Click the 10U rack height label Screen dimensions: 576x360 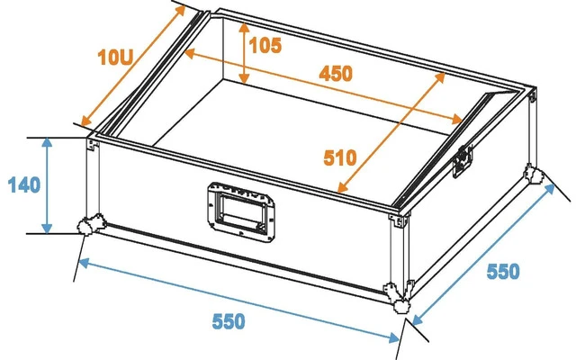[x=115, y=58]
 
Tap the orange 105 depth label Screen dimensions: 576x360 [x=265, y=46]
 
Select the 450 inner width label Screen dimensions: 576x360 [x=336, y=74]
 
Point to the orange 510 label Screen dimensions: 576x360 [x=340, y=157]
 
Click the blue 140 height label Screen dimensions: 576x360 [x=24, y=185]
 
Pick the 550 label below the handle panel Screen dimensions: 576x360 [x=229, y=321]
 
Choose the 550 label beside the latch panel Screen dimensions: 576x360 [x=503, y=272]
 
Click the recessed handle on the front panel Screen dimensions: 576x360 [x=241, y=209]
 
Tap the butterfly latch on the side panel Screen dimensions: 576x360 [x=463, y=160]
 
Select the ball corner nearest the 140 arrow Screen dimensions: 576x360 [x=90, y=223]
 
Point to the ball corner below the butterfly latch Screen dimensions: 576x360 [x=534, y=174]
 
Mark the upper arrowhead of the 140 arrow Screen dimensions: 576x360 [x=47, y=142]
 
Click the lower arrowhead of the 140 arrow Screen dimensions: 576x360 [x=47, y=229]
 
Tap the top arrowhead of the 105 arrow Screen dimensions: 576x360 [x=244, y=28]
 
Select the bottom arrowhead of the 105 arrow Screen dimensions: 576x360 [x=244, y=78]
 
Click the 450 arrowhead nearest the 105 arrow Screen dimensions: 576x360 [x=189, y=54]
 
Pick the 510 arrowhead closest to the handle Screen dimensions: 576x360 [x=342, y=187]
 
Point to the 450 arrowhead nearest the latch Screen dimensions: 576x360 [x=456, y=120]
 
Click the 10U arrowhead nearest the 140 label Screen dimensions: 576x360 [x=86, y=121]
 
